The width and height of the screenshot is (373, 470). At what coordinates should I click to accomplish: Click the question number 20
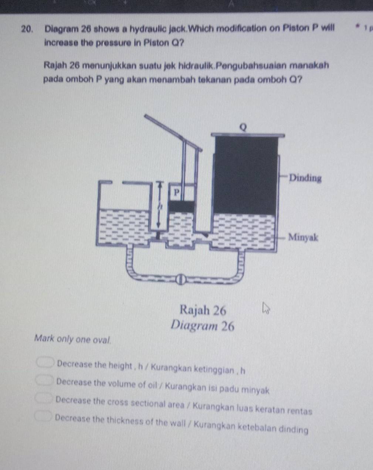[27, 29]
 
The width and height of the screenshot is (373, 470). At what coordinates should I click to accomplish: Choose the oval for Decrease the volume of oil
[45, 380]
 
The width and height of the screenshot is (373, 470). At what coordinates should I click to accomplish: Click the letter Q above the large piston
[243, 127]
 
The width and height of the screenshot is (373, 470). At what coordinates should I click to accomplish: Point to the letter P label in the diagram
[176, 193]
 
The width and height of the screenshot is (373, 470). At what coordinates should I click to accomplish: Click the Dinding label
[305, 178]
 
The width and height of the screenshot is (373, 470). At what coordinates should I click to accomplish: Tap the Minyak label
[303, 237]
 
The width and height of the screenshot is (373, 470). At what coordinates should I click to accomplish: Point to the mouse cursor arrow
[265, 308]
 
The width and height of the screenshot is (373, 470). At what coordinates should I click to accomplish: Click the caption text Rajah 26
[203, 310]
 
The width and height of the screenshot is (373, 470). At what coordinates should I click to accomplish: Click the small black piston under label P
[182, 207]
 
